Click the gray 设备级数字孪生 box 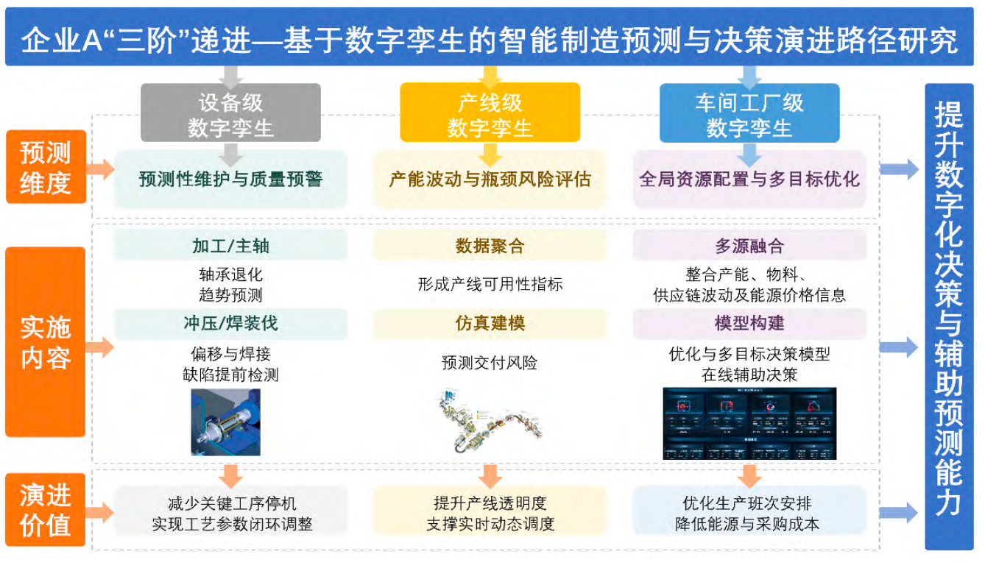pyautogui.click(x=230, y=113)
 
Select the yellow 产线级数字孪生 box pyautogui.click(x=490, y=113)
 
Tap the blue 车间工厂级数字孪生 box pyautogui.click(x=749, y=113)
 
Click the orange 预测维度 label pyautogui.click(x=46, y=166)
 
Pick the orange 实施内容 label pyautogui.click(x=46, y=341)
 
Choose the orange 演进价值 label pyautogui.click(x=46, y=510)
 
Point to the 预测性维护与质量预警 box pyautogui.click(x=231, y=179)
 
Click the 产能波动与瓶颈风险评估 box pyautogui.click(x=490, y=179)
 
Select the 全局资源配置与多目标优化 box pyautogui.click(x=749, y=179)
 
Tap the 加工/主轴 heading pyautogui.click(x=231, y=245)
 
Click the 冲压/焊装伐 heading pyautogui.click(x=231, y=323)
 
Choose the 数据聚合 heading pyautogui.click(x=490, y=245)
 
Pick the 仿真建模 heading pyautogui.click(x=490, y=323)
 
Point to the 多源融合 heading pyautogui.click(x=749, y=245)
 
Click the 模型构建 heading pyautogui.click(x=749, y=323)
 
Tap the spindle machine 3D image pyautogui.click(x=225, y=422)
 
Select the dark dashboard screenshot pyautogui.click(x=749, y=423)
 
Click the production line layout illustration pyautogui.click(x=490, y=421)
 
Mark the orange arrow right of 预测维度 pyautogui.click(x=100, y=169)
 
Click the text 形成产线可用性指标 pyautogui.click(x=490, y=285)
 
